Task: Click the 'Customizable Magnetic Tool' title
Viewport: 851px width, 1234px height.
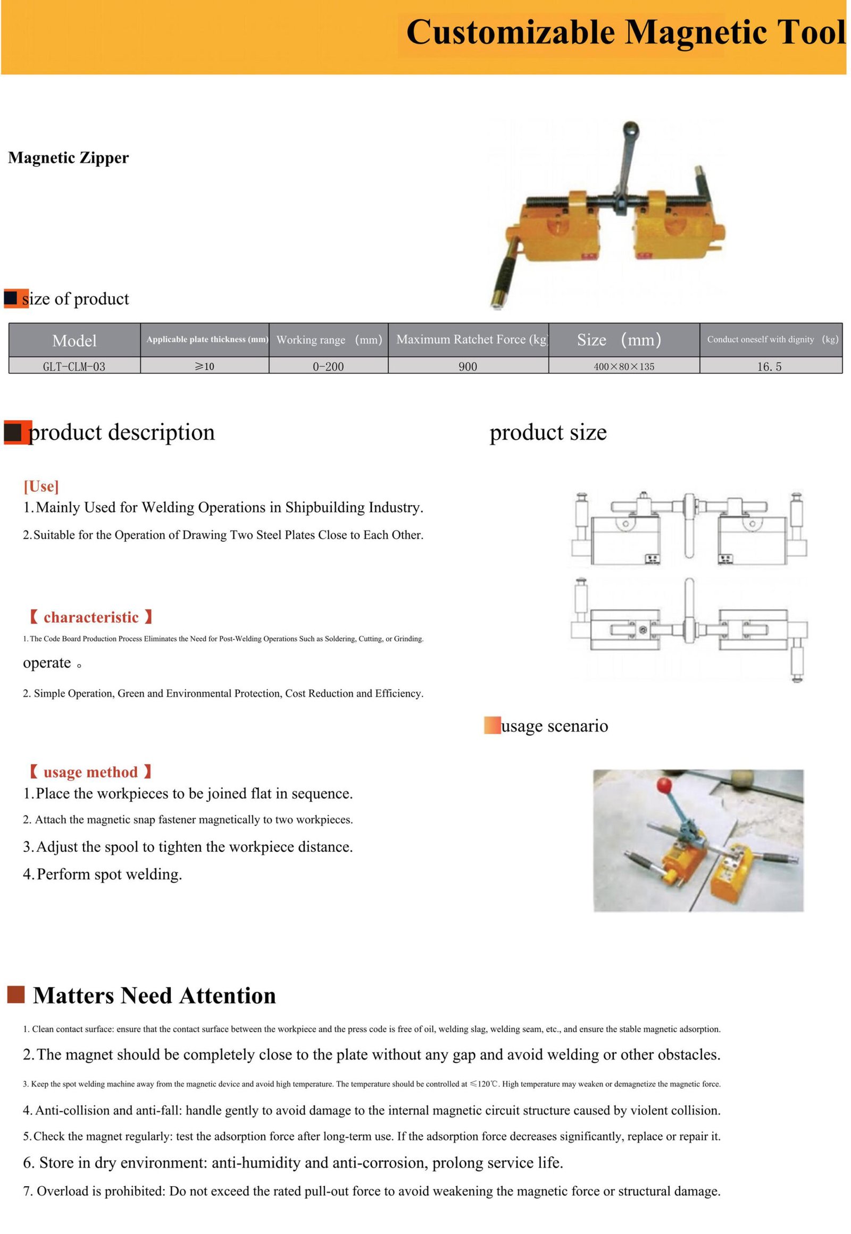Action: (x=625, y=32)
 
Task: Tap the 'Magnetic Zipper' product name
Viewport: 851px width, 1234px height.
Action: (x=68, y=158)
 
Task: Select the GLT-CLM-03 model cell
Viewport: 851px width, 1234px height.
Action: (x=74, y=367)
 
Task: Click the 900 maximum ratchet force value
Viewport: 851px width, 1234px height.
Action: (x=468, y=367)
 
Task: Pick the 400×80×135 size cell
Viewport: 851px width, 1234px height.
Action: (x=624, y=367)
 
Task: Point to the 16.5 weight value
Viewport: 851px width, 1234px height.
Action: (x=770, y=367)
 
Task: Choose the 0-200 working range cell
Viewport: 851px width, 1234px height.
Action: (x=328, y=367)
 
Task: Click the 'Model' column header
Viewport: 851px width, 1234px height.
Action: (x=74, y=340)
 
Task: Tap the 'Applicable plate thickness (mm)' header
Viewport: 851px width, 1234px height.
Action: (x=207, y=340)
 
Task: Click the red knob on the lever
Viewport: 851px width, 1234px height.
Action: (x=664, y=785)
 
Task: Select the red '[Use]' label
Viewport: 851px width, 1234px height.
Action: (x=41, y=486)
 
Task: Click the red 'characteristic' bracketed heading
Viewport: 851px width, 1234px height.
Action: (x=90, y=617)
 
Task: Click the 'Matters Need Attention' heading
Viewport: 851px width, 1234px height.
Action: (x=154, y=996)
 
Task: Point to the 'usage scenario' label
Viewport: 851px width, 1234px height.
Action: (x=554, y=726)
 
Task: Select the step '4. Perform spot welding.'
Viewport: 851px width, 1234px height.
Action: (x=102, y=874)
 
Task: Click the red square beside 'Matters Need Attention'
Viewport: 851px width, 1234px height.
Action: (x=16, y=995)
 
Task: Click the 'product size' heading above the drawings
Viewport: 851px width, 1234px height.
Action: (x=548, y=432)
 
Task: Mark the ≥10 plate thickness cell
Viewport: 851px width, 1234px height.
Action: (x=204, y=367)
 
